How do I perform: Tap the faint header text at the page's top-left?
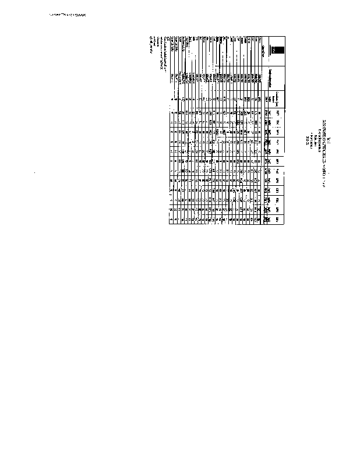click(x=65, y=17)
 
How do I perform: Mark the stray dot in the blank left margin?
click(x=36, y=172)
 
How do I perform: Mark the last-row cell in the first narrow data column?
click(x=173, y=113)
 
